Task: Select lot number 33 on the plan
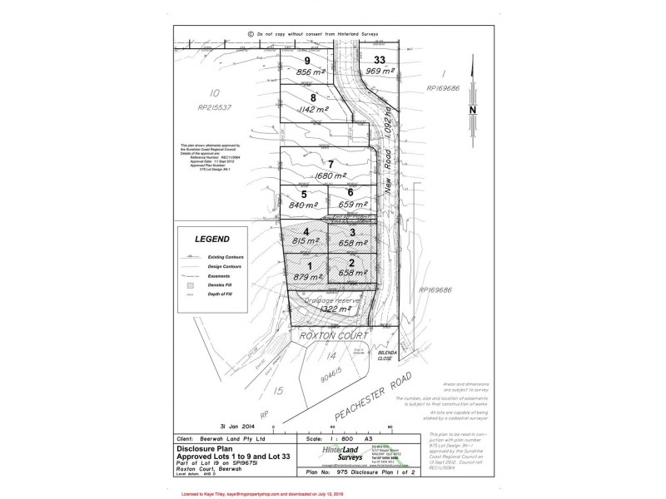380,61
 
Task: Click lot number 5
292,194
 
